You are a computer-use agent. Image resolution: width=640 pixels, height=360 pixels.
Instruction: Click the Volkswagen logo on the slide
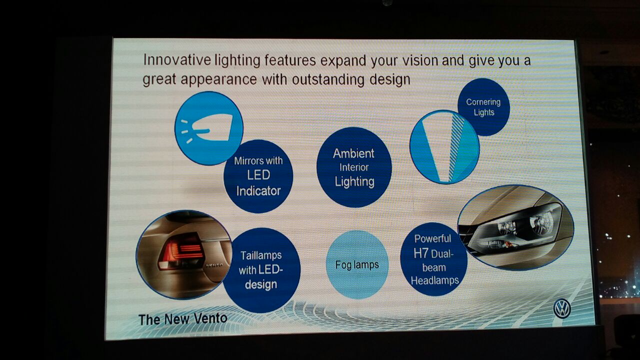(x=562, y=308)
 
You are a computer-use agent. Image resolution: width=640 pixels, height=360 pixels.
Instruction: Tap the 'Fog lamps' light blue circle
(x=357, y=264)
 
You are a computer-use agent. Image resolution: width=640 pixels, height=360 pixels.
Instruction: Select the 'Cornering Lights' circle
(x=483, y=107)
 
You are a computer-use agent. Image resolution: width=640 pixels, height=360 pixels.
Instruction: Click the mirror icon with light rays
(x=209, y=128)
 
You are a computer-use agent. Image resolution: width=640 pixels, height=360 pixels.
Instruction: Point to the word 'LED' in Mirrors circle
(x=258, y=175)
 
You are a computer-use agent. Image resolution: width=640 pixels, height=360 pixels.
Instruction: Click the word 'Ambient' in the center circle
(x=353, y=153)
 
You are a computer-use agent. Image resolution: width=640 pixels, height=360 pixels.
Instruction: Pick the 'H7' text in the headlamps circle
(x=421, y=253)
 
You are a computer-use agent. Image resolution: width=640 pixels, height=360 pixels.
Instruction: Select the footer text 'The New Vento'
(x=183, y=319)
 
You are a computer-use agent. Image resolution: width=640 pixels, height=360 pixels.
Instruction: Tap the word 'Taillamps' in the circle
(x=261, y=255)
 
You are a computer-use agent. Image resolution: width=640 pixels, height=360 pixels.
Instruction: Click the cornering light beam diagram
(x=444, y=147)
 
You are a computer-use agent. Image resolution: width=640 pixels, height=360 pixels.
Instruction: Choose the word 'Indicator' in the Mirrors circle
(x=258, y=191)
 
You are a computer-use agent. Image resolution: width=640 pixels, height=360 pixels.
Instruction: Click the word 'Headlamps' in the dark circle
(x=435, y=280)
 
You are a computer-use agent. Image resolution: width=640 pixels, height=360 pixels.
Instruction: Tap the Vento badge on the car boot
(x=214, y=265)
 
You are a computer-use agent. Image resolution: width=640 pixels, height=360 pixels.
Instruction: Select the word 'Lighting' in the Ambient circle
(x=354, y=181)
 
